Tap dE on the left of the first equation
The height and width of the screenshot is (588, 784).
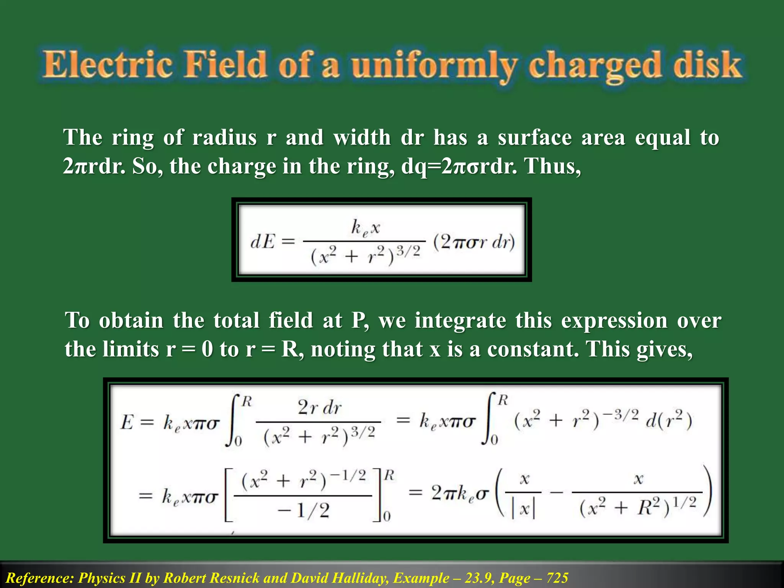coord(263,242)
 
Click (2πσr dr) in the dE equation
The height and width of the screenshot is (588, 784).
coord(474,242)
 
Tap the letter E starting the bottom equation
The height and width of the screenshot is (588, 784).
coord(127,423)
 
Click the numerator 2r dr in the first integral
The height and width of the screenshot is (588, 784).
coord(320,408)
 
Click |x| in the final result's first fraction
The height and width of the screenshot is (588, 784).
coord(523,509)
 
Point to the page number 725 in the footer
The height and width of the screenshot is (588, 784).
coord(557,578)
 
